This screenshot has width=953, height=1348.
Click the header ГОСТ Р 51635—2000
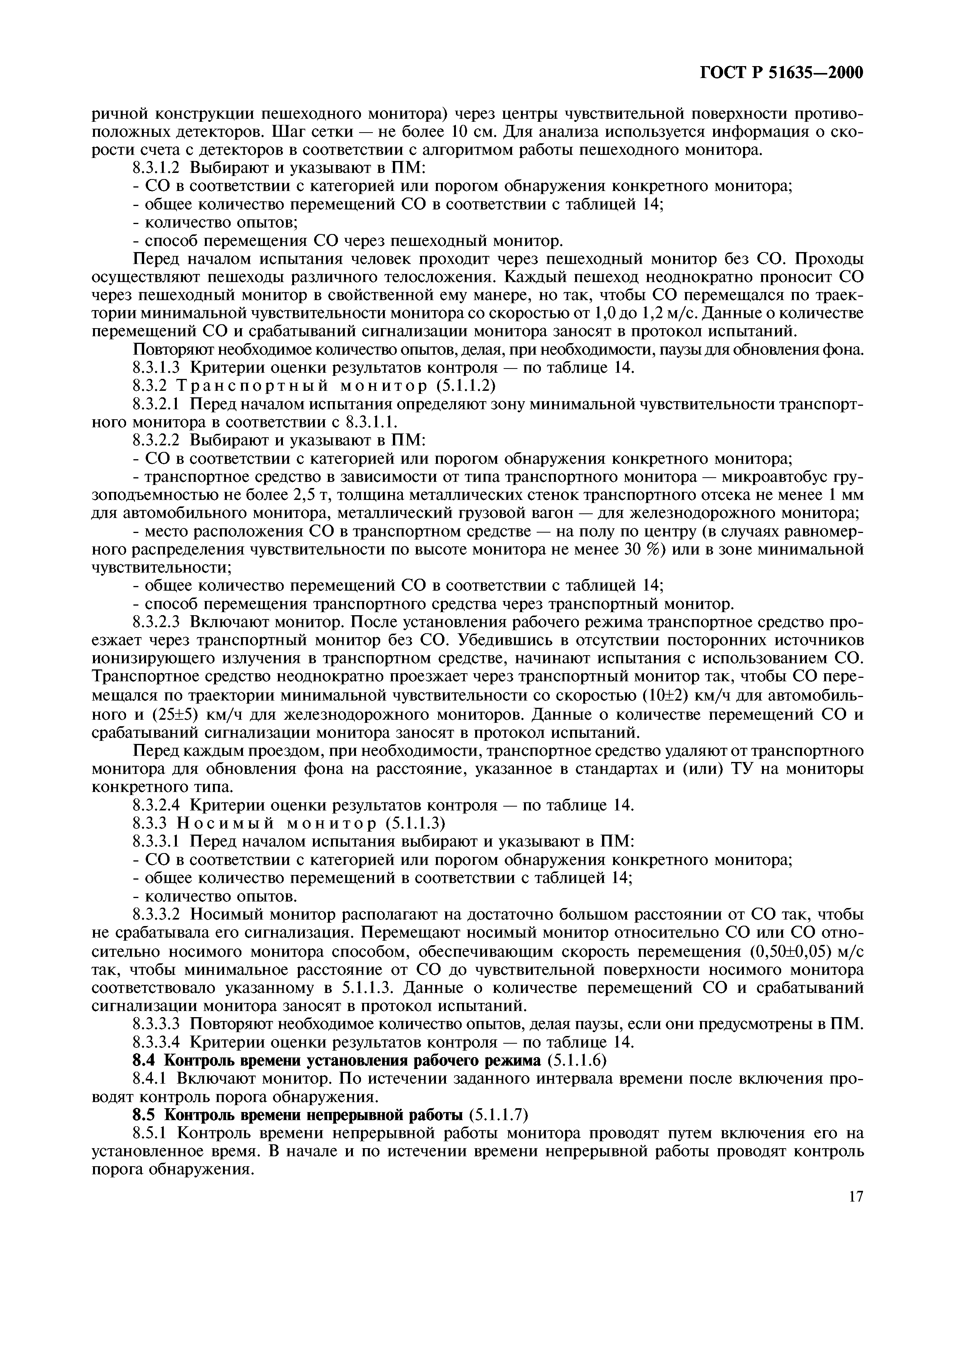781,73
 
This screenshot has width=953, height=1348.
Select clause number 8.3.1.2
157,168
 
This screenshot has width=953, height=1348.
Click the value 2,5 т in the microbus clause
308,494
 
